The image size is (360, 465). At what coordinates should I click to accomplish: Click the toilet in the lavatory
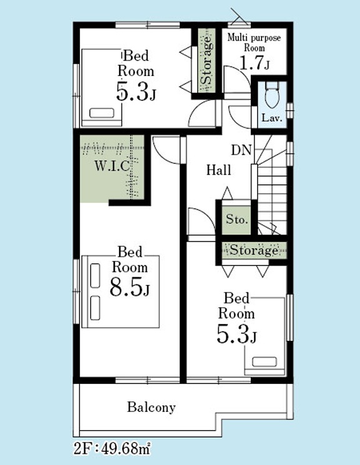point(272,94)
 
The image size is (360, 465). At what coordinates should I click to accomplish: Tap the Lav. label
point(272,118)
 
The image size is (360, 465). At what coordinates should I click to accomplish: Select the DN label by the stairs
point(241,150)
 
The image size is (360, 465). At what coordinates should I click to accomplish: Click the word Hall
point(219,170)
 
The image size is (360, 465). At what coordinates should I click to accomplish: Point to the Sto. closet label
point(236,219)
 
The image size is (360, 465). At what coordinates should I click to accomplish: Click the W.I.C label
point(112,166)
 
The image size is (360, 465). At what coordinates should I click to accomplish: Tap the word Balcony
point(152,407)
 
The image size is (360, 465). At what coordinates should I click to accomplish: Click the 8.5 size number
point(126,287)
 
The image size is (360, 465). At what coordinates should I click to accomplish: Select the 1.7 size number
point(251,62)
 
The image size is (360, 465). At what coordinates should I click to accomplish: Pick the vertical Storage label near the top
point(207,60)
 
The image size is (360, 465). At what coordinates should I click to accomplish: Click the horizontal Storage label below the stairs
point(254,251)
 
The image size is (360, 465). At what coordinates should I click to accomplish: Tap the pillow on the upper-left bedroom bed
point(102,113)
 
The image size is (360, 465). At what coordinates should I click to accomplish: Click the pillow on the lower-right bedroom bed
point(265,362)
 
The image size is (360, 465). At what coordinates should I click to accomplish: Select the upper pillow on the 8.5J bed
point(95,276)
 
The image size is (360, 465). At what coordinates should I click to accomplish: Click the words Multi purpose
point(254,38)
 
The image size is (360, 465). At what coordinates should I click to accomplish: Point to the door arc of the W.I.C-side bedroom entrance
point(164,153)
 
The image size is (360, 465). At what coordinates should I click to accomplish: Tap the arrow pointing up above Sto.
point(228,193)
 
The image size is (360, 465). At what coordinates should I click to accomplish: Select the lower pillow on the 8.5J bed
point(95,308)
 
